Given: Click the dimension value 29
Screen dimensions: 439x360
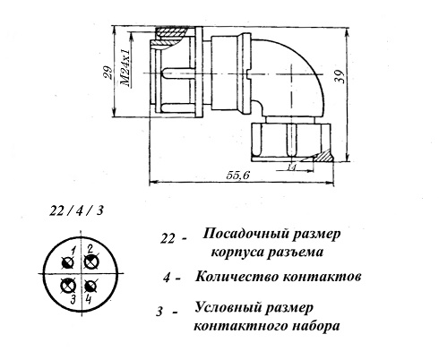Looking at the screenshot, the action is tap(109, 72).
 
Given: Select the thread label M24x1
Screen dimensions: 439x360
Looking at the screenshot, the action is tap(126, 68).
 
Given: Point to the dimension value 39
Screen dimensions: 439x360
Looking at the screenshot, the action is tap(340, 77).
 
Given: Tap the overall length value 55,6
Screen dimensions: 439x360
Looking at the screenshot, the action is tap(237, 176).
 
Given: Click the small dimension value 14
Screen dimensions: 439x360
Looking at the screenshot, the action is tap(291, 167).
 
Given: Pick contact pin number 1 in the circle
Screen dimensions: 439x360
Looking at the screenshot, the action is tap(68, 263).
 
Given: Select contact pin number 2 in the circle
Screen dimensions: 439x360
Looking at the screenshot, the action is tap(91, 262).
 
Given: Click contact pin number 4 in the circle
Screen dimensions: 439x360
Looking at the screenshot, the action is tap(90, 286).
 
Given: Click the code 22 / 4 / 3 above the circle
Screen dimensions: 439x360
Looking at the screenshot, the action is tap(76, 211).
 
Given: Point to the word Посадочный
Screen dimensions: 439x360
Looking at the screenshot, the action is tap(245, 234).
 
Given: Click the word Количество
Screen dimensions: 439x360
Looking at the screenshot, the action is tap(237, 277).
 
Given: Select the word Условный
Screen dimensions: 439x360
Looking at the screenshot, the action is tap(228, 307).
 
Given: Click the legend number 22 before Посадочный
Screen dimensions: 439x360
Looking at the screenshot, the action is tap(168, 239).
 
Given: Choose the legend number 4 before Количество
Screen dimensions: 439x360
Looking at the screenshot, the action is tap(167, 278).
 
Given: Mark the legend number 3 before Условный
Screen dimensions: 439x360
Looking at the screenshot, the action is tap(159, 312).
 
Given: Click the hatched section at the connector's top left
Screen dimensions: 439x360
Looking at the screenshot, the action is tap(170, 34).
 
